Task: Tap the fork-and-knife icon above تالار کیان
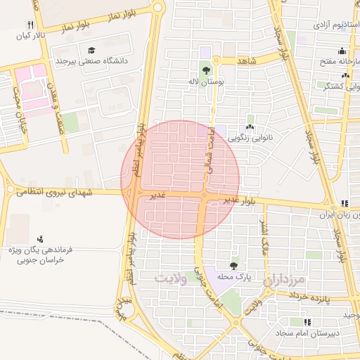30,23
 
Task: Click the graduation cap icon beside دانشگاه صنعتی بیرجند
91,50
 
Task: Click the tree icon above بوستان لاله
206,70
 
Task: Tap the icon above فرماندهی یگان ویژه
40,238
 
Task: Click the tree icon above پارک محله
233,266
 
